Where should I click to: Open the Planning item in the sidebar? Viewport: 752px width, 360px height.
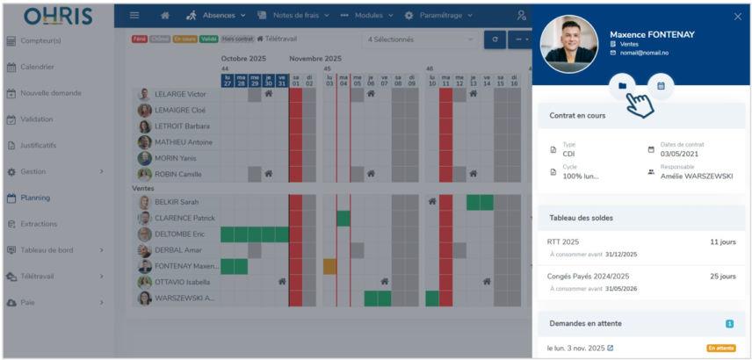(35, 198)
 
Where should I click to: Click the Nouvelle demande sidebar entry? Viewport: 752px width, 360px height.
(50, 93)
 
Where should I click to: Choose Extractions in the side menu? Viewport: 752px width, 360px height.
(39, 224)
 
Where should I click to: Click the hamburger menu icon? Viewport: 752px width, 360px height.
(134, 16)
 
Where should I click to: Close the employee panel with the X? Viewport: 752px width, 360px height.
(737, 17)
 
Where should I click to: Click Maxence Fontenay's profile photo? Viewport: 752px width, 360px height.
(569, 43)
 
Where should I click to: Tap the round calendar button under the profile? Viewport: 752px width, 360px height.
(661, 85)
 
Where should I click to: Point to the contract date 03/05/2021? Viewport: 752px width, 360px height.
(678, 154)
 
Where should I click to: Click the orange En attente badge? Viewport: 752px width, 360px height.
(720, 349)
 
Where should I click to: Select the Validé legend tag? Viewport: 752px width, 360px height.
(209, 39)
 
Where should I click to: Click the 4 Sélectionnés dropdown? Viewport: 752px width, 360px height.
(419, 40)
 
